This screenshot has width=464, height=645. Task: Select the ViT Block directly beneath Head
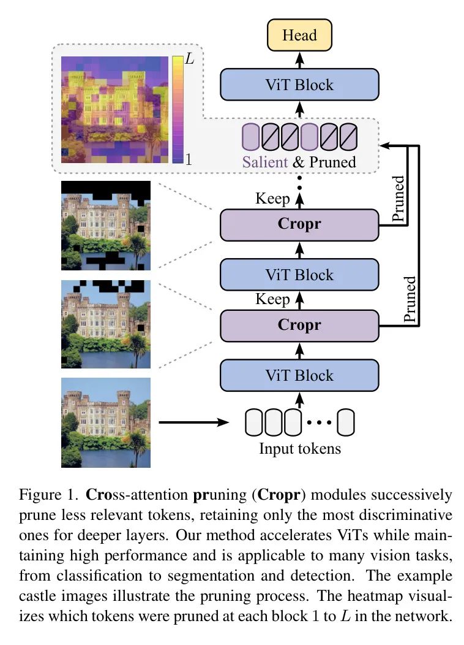[299, 84]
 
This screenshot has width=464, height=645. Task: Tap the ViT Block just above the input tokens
[299, 375]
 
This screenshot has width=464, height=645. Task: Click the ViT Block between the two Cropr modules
[299, 275]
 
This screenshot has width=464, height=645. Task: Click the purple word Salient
[264, 162]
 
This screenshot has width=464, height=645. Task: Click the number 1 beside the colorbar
[189, 159]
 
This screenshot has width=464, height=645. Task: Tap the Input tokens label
[300, 448]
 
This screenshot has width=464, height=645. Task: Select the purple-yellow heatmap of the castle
[115, 110]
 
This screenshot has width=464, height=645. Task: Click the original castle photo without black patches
[106, 422]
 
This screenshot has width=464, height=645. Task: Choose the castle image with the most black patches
[106, 225]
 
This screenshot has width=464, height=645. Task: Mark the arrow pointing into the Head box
[299, 59]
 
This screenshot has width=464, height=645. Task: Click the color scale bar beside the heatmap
[178, 110]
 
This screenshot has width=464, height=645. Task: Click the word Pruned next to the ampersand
[332, 162]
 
